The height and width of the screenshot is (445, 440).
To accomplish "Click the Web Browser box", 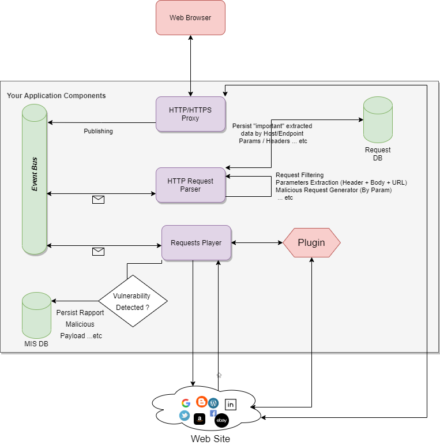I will click(x=190, y=18).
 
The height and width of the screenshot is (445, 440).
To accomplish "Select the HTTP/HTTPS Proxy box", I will click(x=190, y=114).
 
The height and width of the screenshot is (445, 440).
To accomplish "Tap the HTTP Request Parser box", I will click(x=190, y=185).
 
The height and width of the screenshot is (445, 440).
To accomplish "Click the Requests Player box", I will click(x=196, y=242).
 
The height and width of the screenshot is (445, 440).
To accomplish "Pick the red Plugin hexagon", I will click(x=311, y=242).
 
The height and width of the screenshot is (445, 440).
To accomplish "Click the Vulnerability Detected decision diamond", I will click(x=133, y=301).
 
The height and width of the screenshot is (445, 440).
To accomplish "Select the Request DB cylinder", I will click(x=378, y=120).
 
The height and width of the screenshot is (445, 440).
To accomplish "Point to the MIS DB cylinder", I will click(x=36, y=316).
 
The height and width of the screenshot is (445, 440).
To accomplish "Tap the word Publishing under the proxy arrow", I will click(x=98, y=131).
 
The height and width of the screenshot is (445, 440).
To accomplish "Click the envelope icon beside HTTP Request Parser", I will click(x=99, y=200).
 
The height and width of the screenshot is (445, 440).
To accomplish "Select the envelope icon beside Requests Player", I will click(x=99, y=252).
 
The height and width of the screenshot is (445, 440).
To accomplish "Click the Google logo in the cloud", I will click(x=186, y=403).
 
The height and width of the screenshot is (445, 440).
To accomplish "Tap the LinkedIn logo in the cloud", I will click(x=231, y=405).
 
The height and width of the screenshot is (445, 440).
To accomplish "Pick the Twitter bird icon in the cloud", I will click(x=185, y=416).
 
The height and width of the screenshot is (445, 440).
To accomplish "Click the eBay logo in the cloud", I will click(x=221, y=421).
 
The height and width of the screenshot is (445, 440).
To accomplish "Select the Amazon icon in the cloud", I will click(x=200, y=419).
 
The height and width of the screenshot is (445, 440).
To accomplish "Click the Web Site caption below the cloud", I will click(x=210, y=439).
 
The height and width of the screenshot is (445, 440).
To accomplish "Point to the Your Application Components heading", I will click(x=57, y=95).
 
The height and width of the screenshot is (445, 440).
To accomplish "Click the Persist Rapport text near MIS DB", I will click(x=80, y=312).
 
